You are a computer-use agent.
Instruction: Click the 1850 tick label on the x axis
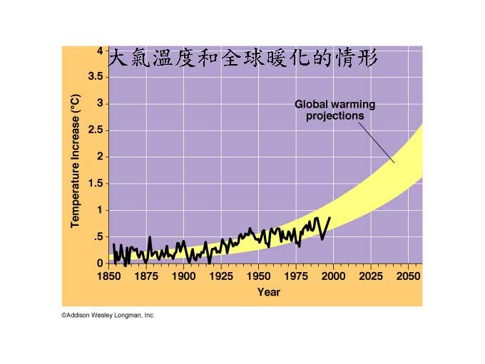(x=108, y=276)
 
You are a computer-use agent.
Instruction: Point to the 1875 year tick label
(x=146, y=276)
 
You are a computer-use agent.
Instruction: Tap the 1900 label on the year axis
(x=183, y=276)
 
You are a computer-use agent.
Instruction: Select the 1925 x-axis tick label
(x=221, y=276)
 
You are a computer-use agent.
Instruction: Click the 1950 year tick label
(x=258, y=276)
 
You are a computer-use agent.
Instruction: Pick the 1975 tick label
(x=295, y=276)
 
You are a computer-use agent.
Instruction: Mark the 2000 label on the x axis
(x=332, y=276)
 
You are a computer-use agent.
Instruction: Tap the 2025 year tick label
(x=370, y=276)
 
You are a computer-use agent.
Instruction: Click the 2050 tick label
(x=407, y=276)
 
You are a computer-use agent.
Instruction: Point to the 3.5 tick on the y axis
(x=95, y=77)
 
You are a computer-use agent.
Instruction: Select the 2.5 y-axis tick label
(x=95, y=130)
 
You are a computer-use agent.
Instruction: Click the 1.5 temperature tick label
(x=95, y=184)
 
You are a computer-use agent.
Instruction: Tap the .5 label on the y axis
(x=98, y=237)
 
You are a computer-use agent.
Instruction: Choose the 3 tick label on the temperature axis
(x=100, y=104)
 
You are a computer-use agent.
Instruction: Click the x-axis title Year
(x=268, y=292)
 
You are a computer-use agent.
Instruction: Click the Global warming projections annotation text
(x=335, y=110)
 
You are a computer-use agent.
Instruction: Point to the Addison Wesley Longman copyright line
(x=108, y=315)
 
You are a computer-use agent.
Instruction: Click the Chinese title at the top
(x=242, y=58)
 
